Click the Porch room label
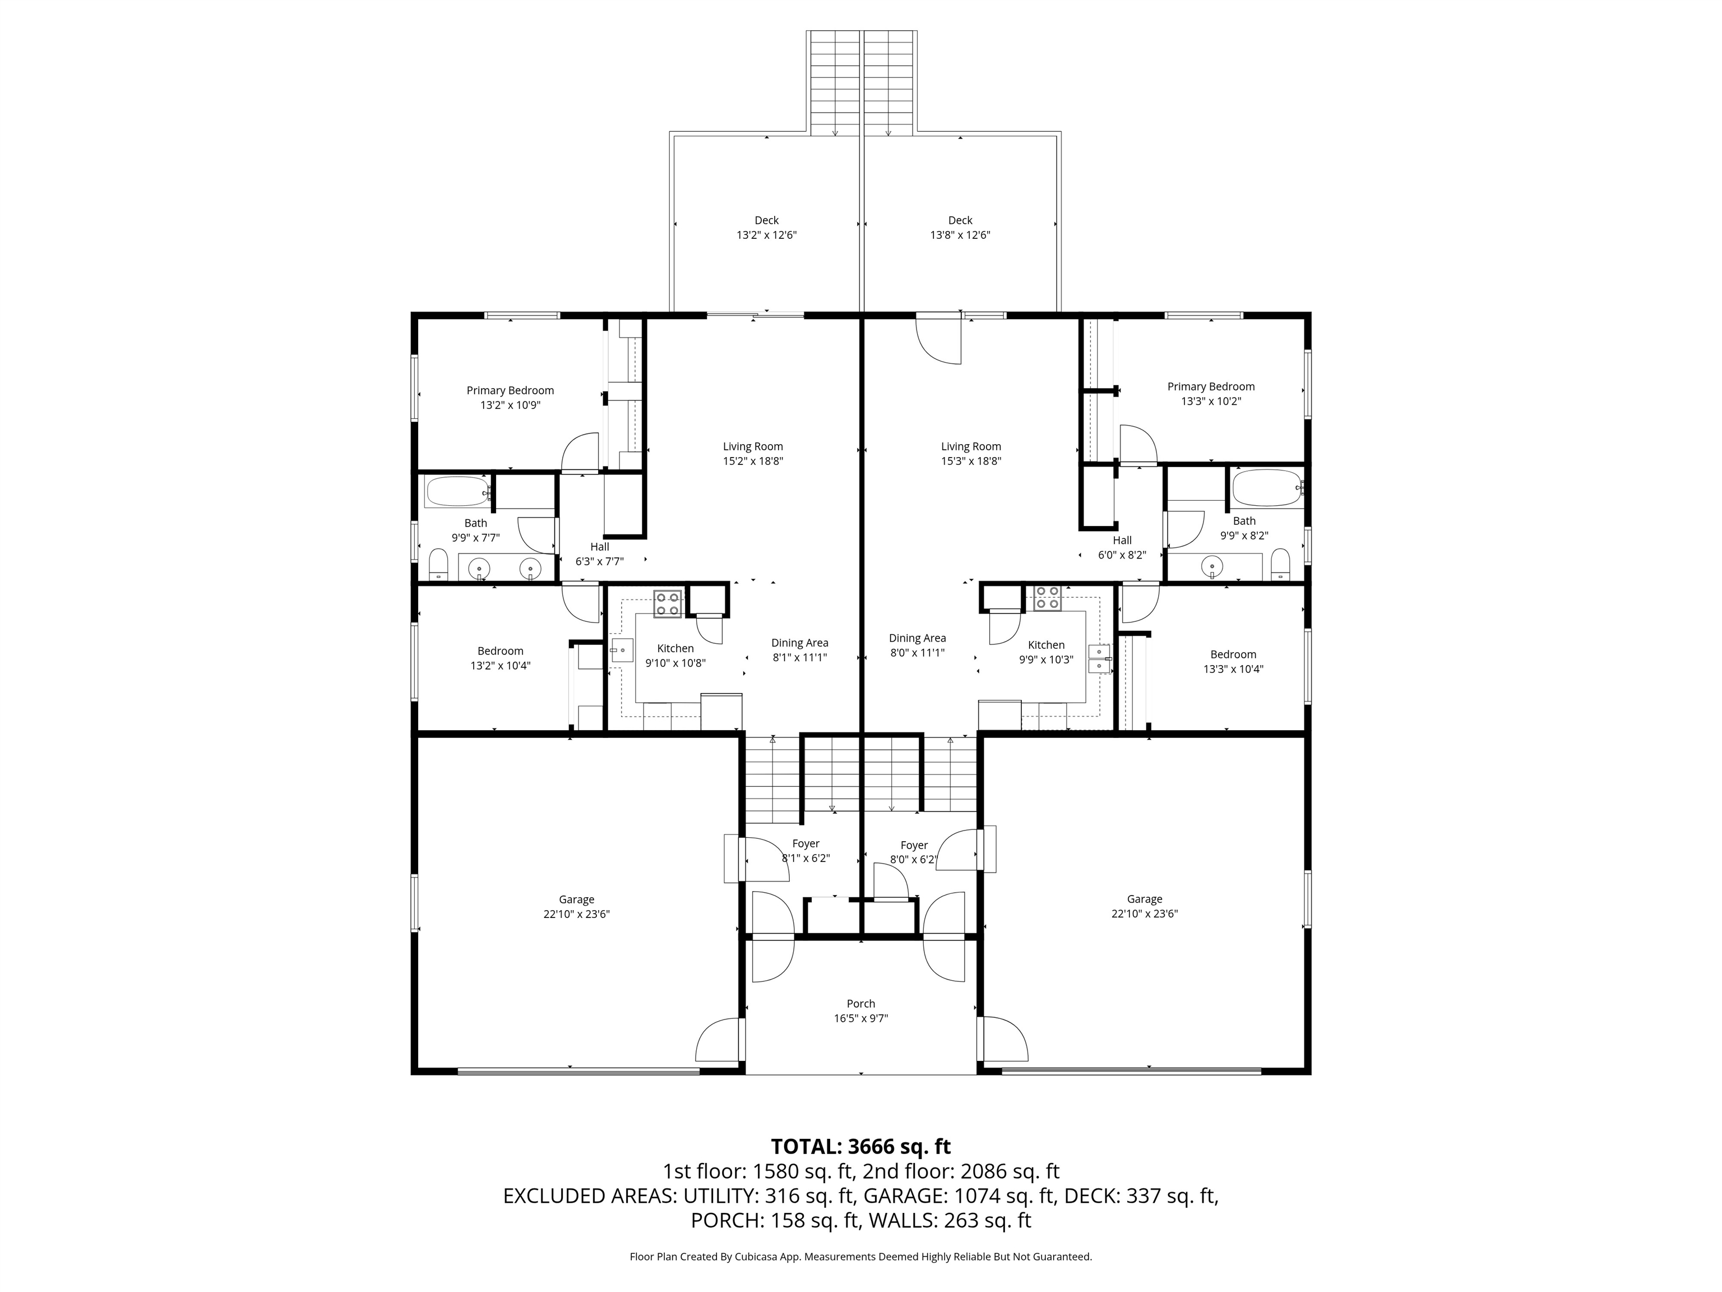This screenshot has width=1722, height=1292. (x=860, y=1004)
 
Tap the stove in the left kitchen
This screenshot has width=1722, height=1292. (x=667, y=603)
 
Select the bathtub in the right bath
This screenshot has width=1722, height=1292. (x=1267, y=488)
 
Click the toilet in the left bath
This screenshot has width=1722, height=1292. (x=438, y=565)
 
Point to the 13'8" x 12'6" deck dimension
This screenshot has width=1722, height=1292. (x=960, y=235)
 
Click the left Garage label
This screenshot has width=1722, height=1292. (x=576, y=899)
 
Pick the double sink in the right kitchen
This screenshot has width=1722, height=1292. (x=1099, y=659)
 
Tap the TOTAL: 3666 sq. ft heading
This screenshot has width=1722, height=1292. (x=860, y=1146)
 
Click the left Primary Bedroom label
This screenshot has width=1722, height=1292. (x=510, y=390)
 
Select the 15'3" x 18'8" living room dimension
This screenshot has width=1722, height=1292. (x=971, y=461)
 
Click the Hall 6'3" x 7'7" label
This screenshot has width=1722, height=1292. (x=599, y=553)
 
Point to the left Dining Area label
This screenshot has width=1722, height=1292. (x=799, y=643)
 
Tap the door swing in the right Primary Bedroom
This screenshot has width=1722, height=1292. (x=1137, y=445)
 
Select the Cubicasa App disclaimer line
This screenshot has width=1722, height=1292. (x=860, y=1256)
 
